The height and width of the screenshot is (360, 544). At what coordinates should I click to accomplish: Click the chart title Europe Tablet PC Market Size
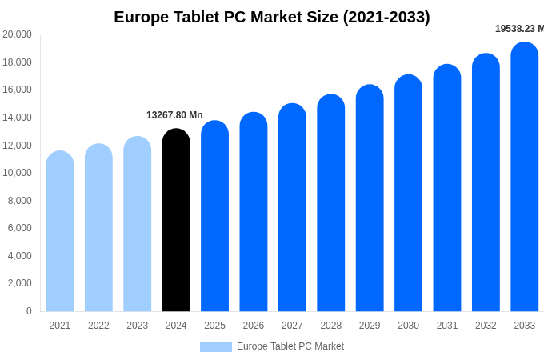[x=272, y=17]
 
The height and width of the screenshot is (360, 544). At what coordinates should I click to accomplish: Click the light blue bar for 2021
[x=60, y=231]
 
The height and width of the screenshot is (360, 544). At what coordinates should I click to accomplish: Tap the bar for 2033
[x=525, y=177]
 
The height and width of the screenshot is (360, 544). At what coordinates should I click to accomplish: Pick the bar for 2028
[x=331, y=203]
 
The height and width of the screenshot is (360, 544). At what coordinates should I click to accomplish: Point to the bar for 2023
[x=138, y=224]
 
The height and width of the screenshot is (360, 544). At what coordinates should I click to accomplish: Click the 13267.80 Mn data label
[x=174, y=115]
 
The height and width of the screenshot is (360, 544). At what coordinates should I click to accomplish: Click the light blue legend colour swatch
[x=215, y=347]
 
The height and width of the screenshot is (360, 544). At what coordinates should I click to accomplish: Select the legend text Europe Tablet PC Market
[x=290, y=346]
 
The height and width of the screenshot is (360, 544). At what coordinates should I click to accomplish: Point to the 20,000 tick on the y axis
[x=17, y=34]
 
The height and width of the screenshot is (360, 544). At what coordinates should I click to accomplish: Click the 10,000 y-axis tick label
[x=17, y=173]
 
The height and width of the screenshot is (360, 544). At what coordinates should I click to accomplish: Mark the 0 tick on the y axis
[x=29, y=311]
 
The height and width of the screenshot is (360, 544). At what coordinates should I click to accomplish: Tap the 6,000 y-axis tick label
[x=20, y=228]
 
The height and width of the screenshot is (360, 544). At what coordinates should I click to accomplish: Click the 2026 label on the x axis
[x=254, y=326]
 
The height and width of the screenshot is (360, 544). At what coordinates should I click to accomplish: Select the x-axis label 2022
[x=98, y=326]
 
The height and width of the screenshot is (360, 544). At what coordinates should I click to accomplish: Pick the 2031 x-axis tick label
[x=447, y=326]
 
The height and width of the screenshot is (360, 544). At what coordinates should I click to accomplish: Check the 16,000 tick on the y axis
[x=17, y=90]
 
